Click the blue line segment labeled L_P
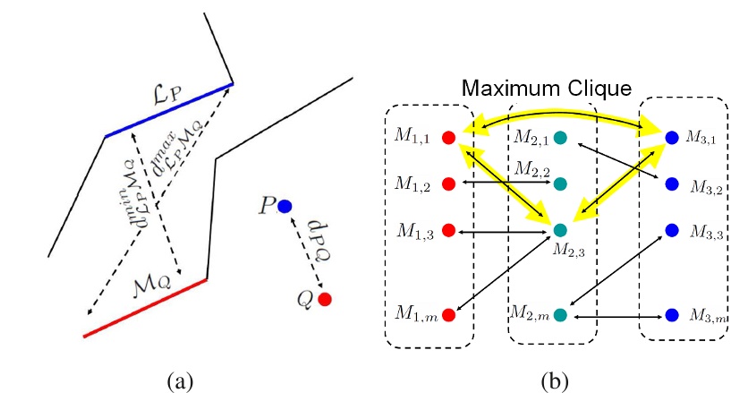(x=169, y=110)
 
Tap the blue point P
(x=285, y=206)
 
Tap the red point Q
(x=325, y=299)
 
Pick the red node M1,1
(x=449, y=138)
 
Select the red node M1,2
(x=449, y=184)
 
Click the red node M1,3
(x=449, y=230)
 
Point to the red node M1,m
(x=449, y=314)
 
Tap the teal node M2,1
(x=559, y=138)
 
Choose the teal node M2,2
(x=559, y=184)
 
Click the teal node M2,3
(x=559, y=230)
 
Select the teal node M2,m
(x=559, y=314)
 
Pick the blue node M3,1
(x=672, y=138)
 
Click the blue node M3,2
(x=672, y=184)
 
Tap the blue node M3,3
(x=672, y=230)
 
